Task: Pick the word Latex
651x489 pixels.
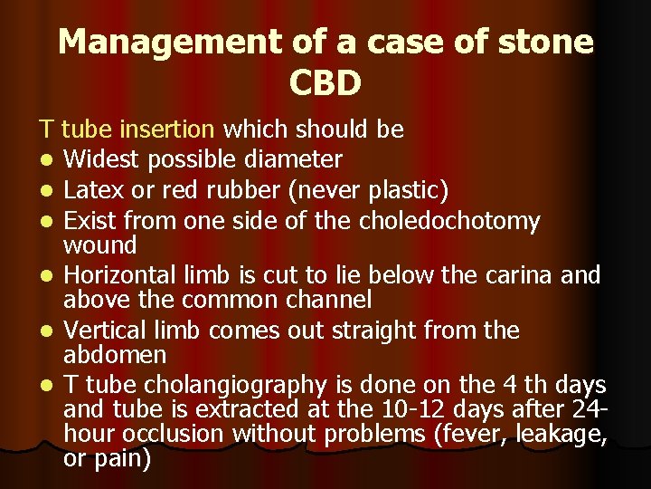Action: pos(94,190)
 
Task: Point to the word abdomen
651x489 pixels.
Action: pos(116,354)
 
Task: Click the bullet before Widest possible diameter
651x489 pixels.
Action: pos(45,161)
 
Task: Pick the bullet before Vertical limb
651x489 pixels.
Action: pos(45,331)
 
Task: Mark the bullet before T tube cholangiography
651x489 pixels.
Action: pos(45,386)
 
